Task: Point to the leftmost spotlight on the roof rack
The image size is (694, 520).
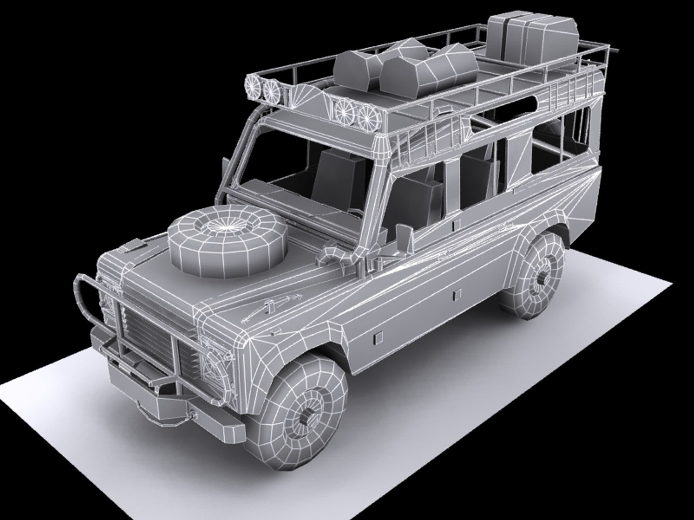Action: click(254, 87)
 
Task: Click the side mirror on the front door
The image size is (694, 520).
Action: click(405, 236)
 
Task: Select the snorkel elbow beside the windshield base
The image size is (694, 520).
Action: click(333, 255)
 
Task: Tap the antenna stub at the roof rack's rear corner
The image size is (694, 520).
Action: click(618, 49)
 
